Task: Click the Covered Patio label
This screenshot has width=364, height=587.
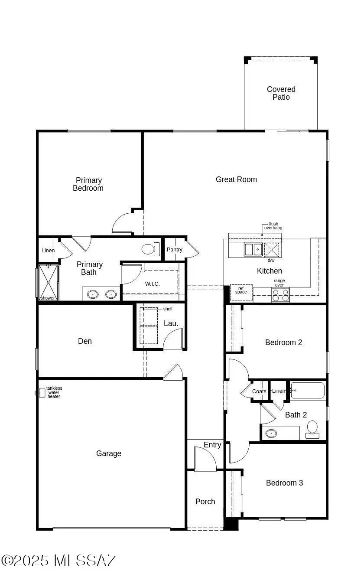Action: (281, 93)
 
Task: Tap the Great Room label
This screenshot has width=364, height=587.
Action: (236, 179)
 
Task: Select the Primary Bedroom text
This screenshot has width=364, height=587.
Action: (88, 184)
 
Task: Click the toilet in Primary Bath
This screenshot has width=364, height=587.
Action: (148, 249)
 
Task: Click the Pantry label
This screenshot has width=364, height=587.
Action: (175, 250)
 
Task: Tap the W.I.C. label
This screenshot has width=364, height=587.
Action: (152, 284)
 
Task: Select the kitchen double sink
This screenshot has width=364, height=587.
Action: (253, 249)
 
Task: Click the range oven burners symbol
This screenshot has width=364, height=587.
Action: (280, 295)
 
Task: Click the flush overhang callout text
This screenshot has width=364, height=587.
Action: (273, 226)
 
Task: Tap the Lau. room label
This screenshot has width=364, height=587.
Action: (171, 323)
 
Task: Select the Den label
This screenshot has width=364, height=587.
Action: (85, 341)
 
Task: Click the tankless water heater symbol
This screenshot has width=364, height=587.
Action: (41, 393)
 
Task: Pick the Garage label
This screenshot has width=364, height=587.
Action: (109, 453)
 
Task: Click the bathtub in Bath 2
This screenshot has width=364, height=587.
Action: (308, 390)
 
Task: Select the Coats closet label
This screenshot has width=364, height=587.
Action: (259, 391)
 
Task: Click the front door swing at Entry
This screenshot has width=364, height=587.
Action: (205, 459)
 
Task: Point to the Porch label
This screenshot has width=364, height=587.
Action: (205, 502)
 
